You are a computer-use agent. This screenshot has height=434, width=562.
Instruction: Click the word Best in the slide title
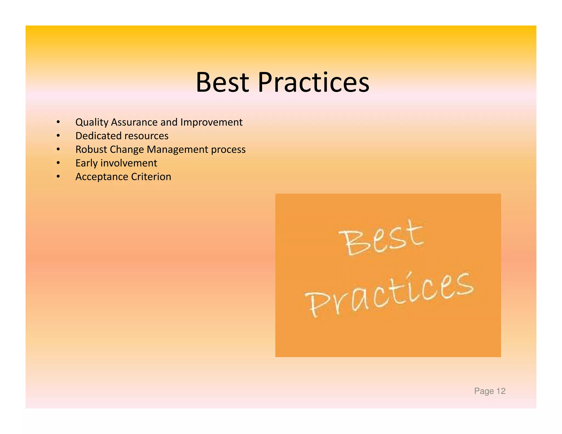pos(222,82)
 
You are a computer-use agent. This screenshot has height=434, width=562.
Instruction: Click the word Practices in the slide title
pos(313,82)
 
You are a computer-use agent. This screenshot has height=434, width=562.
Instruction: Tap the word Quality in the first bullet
pos(92,122)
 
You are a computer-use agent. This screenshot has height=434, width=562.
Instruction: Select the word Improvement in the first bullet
pos(211,122)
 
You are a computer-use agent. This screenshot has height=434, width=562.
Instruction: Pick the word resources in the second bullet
pos(146,136)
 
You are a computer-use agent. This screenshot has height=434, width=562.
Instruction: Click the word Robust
pos(91,150)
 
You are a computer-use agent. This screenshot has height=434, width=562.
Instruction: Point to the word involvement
pos(129,163)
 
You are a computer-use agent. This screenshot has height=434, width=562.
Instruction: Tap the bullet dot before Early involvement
pos(58,163)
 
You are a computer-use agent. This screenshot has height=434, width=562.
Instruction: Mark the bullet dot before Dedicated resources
pos(58,136)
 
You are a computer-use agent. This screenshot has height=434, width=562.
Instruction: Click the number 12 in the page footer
pos(501,391)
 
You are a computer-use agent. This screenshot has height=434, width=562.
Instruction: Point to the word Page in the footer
pos(484,391)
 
